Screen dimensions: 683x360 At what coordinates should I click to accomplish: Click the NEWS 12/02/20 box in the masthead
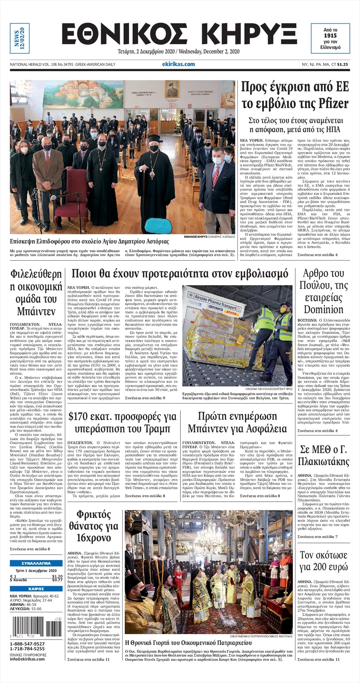coord(19,38)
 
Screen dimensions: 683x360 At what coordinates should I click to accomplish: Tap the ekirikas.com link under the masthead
coord(181,64)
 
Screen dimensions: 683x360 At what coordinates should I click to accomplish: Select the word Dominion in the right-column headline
coord(323,310)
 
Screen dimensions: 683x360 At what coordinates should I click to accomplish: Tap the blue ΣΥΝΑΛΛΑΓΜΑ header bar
coord(36,563)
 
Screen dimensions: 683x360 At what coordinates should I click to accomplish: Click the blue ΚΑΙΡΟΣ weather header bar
coord(36,589)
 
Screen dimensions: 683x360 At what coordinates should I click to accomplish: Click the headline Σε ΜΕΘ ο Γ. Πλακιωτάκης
coord(323,455)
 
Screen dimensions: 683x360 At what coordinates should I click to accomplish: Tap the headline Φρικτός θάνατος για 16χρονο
coord(93,526)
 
